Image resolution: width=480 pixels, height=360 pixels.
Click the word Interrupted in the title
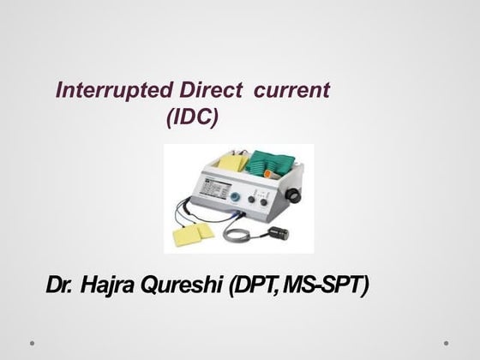coord(101,90)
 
